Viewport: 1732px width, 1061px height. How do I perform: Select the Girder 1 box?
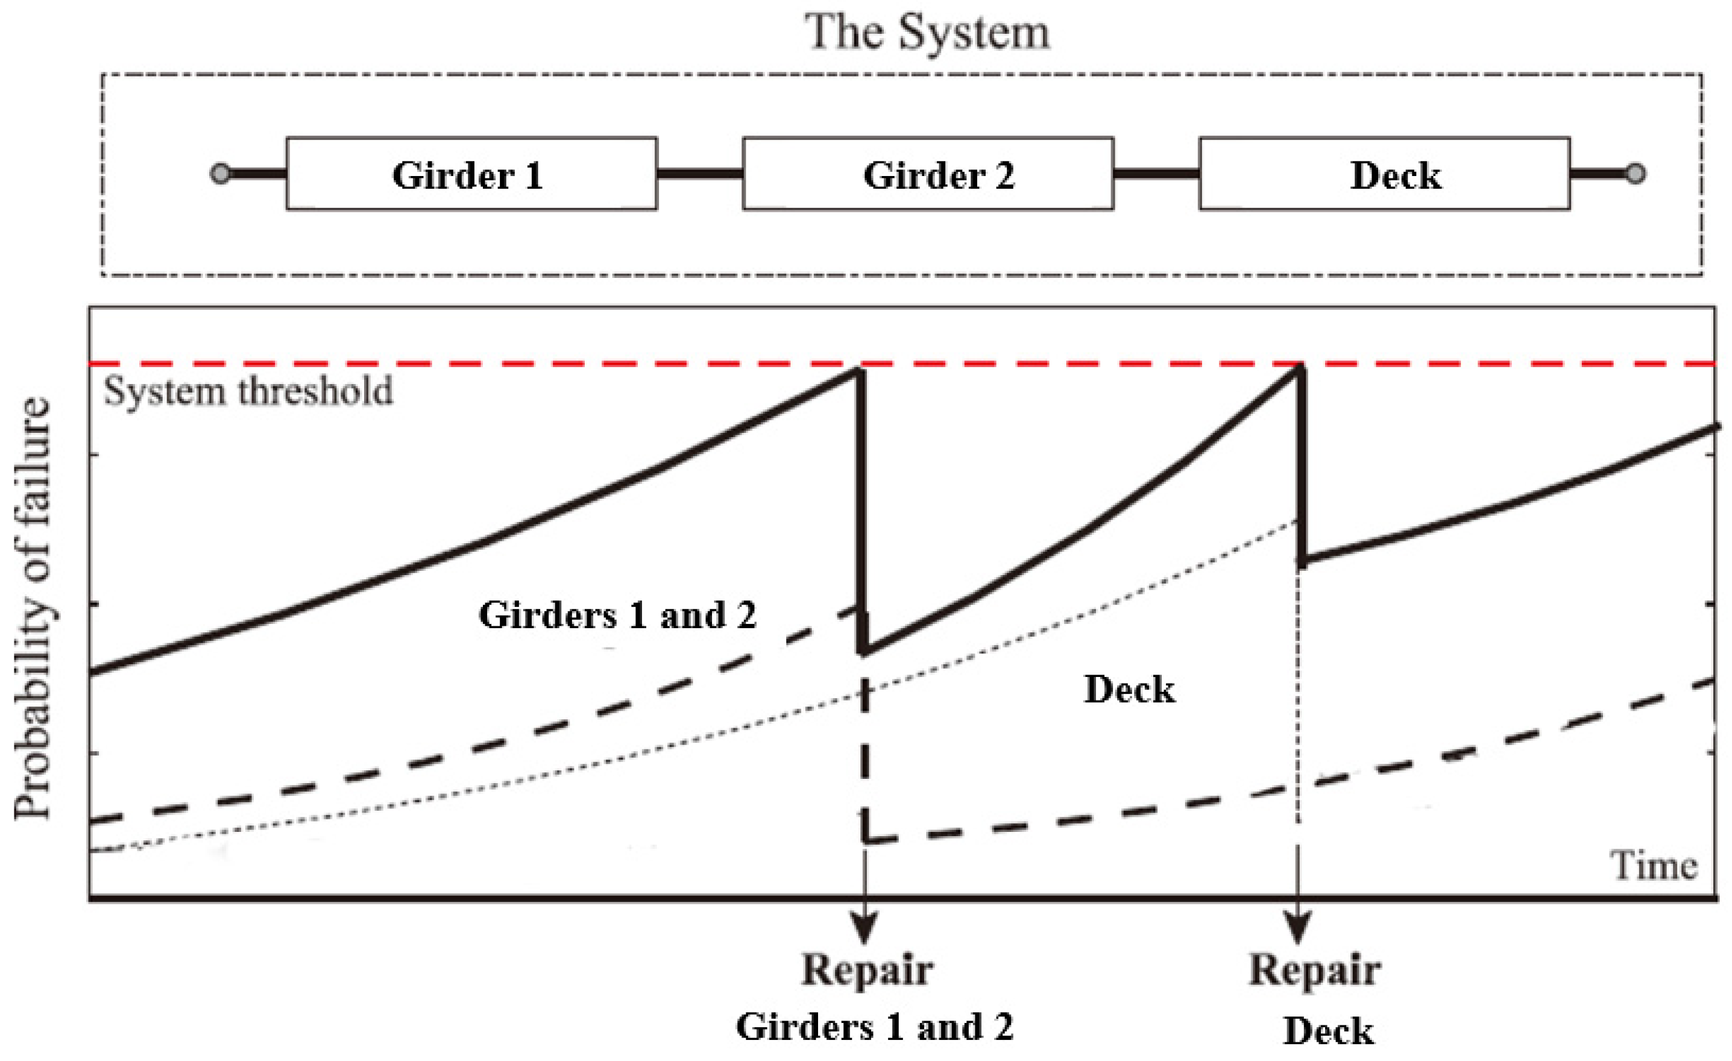pos(471,174)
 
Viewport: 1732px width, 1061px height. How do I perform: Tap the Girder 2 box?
pos(928,174)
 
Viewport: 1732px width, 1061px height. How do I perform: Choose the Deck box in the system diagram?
pos(1384,174)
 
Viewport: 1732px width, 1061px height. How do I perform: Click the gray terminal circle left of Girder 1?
pos(220,173)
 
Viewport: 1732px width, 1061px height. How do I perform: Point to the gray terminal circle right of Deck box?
pos(1635,173)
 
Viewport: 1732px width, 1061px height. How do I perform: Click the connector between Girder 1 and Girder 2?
pos(699,174)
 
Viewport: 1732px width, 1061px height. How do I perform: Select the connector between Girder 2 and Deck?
pos(1156,174)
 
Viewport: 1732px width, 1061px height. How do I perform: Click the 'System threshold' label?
pos(248,391)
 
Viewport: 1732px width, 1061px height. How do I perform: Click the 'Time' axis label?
pos(1653,865)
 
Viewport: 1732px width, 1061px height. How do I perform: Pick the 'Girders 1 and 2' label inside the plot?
pos(617,616)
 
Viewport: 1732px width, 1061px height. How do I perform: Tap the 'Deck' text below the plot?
pos(1328,1031)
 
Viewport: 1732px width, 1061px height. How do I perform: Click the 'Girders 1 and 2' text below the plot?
pos(874,1027)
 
